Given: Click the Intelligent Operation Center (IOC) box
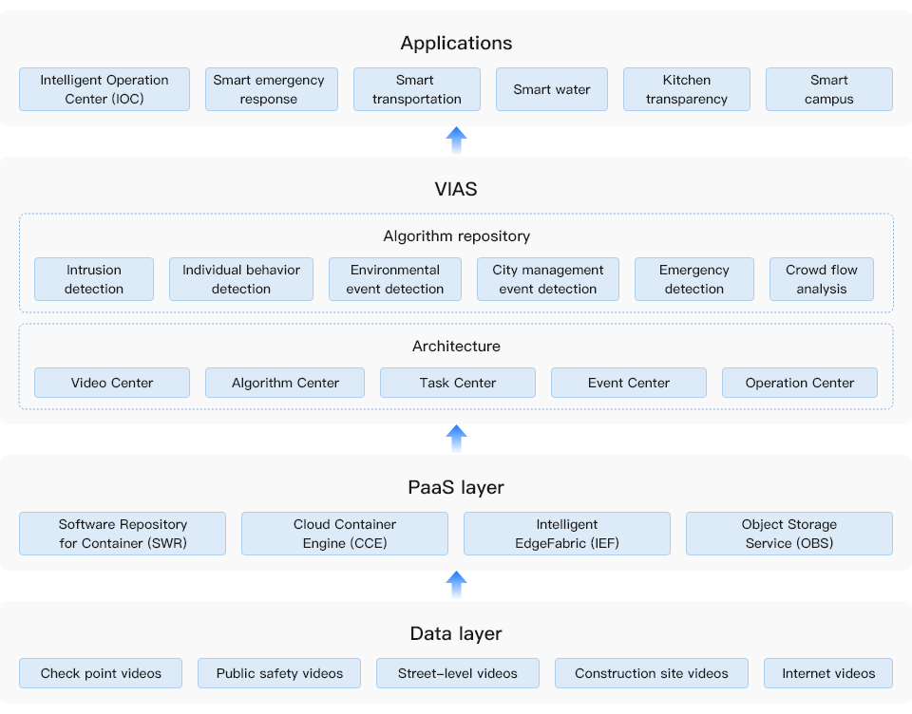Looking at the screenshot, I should pos(104,89).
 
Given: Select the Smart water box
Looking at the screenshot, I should pos(552,89).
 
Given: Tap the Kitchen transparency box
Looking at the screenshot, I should pos(687,89).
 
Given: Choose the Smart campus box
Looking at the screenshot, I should pos(829,89).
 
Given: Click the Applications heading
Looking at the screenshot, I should pos(456,43).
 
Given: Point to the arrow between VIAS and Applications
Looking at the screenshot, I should pos(457,141).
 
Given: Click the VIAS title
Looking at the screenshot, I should pos(456,189).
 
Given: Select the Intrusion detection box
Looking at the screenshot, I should pos(94,279).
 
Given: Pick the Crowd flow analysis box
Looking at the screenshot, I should pos(822,279).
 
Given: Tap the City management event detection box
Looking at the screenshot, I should pos(548,279).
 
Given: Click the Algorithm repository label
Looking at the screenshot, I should pos(456,235).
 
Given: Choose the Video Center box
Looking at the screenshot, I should pos(112,383).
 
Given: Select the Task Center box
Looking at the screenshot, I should pos(458,383).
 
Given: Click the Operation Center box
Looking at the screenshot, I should pos(800,383).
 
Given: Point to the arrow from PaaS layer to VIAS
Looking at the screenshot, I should pos(457,439).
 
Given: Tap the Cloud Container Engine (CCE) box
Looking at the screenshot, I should pos(345,534).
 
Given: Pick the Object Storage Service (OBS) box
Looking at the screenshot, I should pos(789,534).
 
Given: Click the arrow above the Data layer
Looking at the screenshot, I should pos(457,585).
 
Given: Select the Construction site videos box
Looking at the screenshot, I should pos(652,673).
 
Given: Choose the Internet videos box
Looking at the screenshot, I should pos(828,673).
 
